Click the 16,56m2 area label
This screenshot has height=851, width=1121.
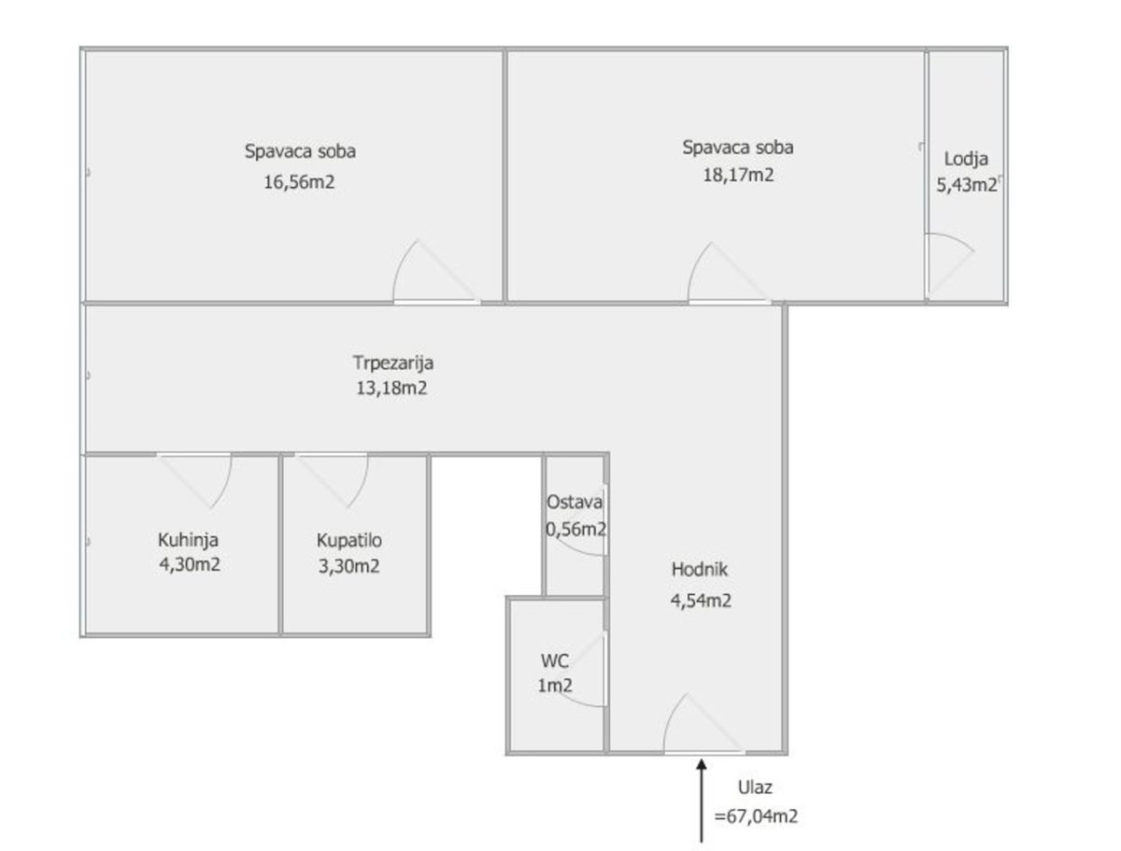click(x=299, y=182)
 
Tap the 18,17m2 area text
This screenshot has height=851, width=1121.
click(x=738, y=175)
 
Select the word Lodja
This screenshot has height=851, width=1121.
click(x=966, y=160)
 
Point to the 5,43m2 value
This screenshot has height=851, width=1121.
click(x=966, y=184)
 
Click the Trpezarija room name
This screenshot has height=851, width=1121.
click(x=392, y=363)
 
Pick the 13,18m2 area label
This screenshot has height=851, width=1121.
click(x=391, y=389)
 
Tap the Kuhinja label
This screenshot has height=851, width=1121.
click(x=188, y=541)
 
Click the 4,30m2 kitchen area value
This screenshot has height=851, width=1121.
click(x=190, y=564)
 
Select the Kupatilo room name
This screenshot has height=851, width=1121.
click(x=348, y=541)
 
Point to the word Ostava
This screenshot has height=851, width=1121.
click(x=574, y=503)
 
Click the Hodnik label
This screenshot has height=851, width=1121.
click(x=699, y=569)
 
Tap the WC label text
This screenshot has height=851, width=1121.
click(x=555, y=661)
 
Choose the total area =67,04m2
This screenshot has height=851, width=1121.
click(x=756, y=816)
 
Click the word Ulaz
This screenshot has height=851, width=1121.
click(x=755, y=787)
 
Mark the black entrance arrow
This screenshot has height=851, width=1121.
click(x=702, y=800)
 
